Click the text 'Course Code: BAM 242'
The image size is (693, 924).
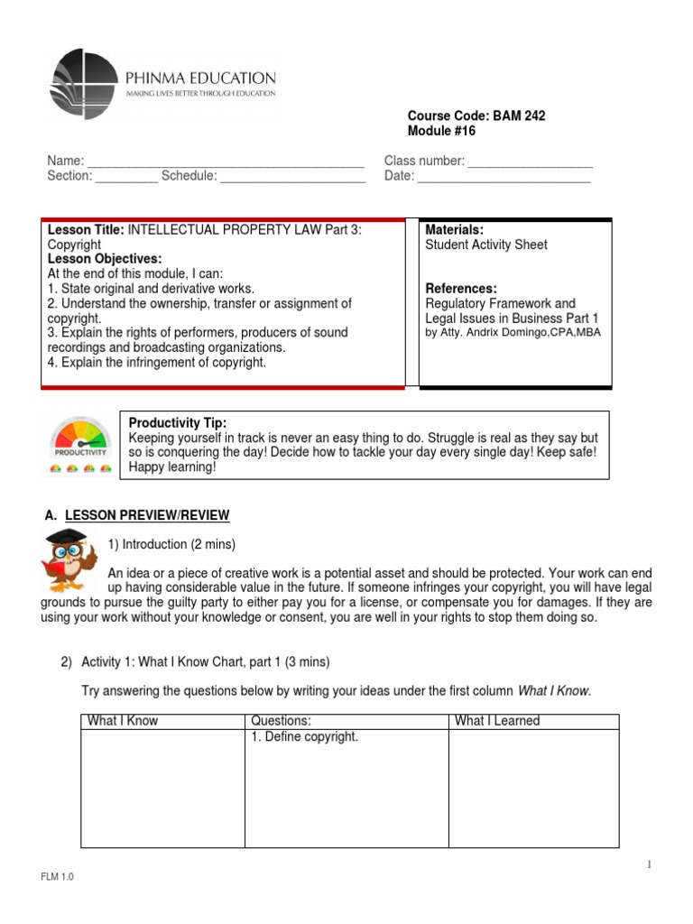pos(476,116)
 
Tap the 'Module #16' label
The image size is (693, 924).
pos(441,132)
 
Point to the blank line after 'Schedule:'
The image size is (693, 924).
pos(293,178)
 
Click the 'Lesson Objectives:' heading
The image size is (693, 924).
pos(105,259)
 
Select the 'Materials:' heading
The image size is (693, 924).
pos(455,230)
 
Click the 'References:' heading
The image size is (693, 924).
pos(461,289)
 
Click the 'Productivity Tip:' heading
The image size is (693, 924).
pos(178,423)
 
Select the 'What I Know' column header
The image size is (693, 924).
pos(122,721)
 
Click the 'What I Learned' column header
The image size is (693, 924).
pos(497,721)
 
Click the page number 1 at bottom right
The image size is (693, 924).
pos(648,865)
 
